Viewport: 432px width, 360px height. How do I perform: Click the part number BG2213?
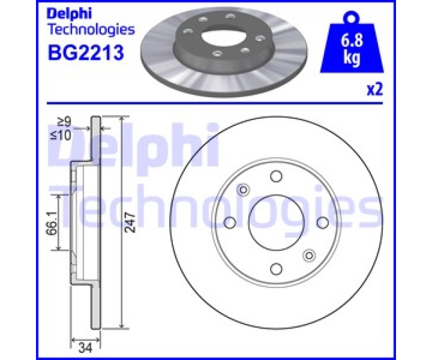click(85, 53)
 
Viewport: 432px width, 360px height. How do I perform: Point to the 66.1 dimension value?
click(52, 223)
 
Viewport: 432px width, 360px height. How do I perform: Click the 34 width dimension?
click(85, 348)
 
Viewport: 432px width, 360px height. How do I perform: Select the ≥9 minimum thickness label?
click(64, 121)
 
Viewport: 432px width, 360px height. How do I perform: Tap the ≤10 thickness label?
click(61, 135)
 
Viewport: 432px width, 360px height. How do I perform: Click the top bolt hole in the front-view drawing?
click(276, 176)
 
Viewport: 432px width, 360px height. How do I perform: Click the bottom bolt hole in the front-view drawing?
click(276, 269)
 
